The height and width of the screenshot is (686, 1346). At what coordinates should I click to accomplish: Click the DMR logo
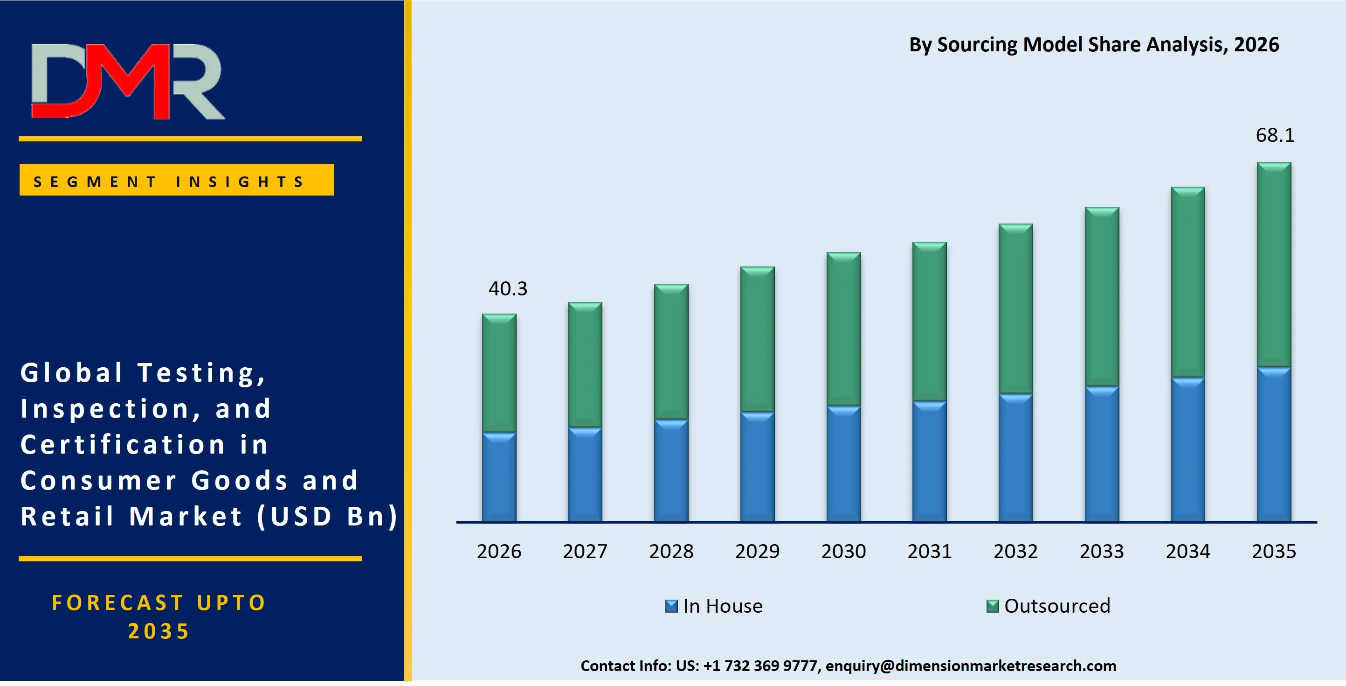(128, 81)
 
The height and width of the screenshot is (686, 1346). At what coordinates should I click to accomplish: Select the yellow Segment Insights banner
(177, 180)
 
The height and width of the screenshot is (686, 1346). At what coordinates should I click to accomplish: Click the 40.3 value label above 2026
(508, 288)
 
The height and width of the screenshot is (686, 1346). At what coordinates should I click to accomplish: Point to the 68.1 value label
(1275, 135)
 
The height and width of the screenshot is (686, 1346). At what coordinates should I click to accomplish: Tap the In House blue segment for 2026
(499, 477)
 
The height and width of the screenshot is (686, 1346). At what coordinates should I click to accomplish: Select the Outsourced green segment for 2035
(1274, 265)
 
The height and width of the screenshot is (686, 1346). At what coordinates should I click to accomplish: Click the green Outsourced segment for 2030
(843, 329)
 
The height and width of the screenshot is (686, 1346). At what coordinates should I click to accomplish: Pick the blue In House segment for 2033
(1102, 454)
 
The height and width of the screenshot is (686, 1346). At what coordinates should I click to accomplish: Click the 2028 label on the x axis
(671, 551)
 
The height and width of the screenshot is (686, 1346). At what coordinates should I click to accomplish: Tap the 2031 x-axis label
(930, 551)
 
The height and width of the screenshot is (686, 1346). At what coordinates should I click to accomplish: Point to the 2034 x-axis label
(1187, 551)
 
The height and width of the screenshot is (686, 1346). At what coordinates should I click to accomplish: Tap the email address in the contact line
(971, 665)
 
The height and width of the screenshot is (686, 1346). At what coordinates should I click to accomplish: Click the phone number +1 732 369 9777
(760, 665)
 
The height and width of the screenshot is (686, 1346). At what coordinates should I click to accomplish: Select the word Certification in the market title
(123, 444)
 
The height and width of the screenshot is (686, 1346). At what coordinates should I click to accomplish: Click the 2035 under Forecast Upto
(159, 631)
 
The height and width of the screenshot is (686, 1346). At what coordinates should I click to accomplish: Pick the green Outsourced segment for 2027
(585, 365)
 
